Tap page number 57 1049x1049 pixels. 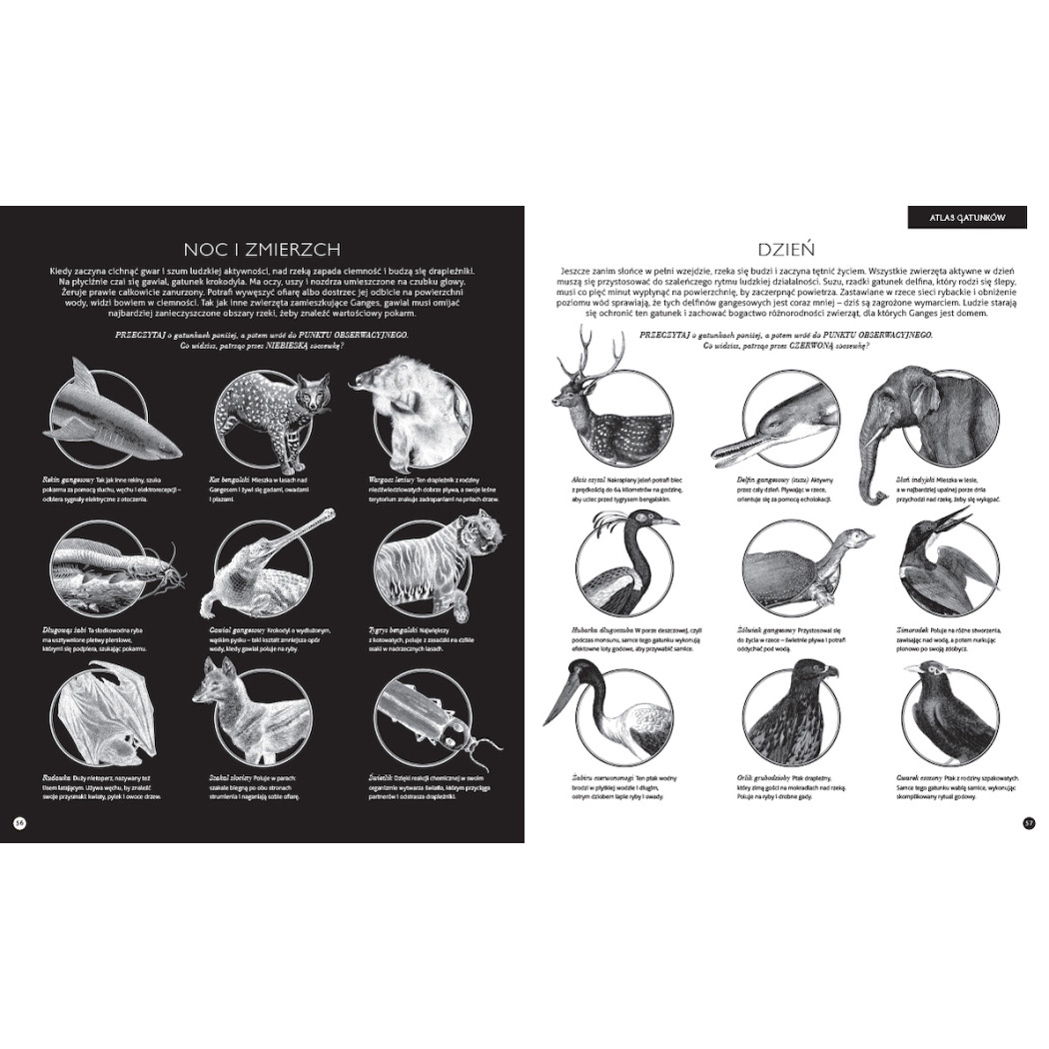coord(1029,822)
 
